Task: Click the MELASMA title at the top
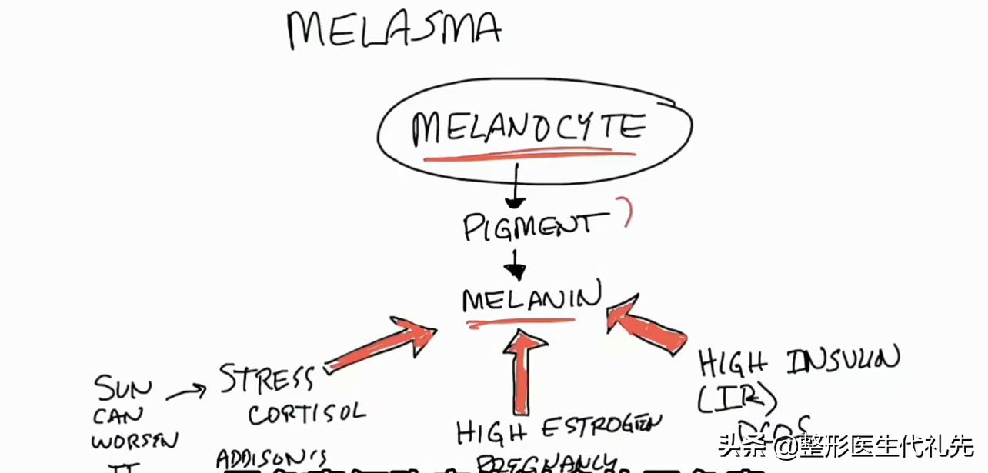point(393,29)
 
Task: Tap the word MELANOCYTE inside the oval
point(527,128)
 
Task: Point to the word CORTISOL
point(306,413)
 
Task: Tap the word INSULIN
point(842,361)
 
